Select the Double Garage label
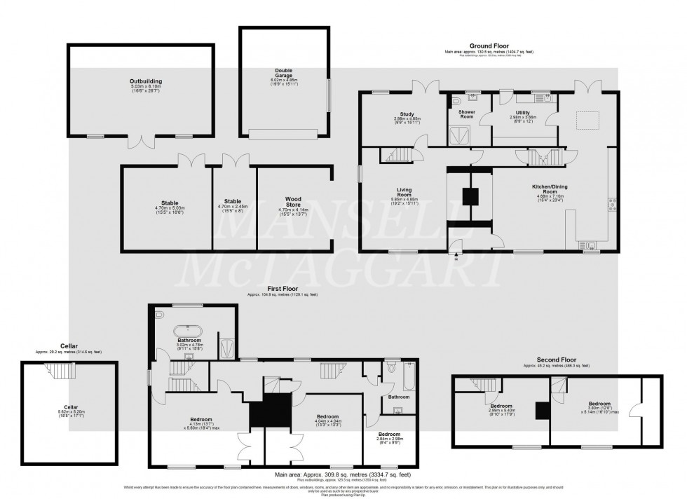tap(283, 71)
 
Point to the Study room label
tap(407, 114)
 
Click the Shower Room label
tap(467, 114)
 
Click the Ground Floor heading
tap(489, 46)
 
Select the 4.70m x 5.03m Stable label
tap(168, 204)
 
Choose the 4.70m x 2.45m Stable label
tap(234, 204)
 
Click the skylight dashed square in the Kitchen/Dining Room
tap(587, 120)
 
